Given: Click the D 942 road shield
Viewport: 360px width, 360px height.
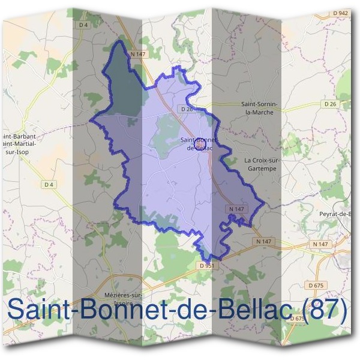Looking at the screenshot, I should click(340, 13).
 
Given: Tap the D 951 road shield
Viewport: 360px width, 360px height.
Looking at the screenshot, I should click(205, 265).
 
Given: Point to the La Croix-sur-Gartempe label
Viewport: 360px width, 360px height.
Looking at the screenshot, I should click(263, 164).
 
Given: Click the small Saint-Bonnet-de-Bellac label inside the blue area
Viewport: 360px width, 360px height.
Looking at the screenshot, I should click(197, 144).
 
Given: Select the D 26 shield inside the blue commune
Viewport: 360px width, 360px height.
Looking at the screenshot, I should click(186, 109).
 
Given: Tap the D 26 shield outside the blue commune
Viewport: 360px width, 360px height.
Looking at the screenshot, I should click(331, 104).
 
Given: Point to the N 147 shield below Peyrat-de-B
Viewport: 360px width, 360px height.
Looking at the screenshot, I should click(321, 244).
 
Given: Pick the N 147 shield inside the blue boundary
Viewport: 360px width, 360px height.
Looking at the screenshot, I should click(237, 209).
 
